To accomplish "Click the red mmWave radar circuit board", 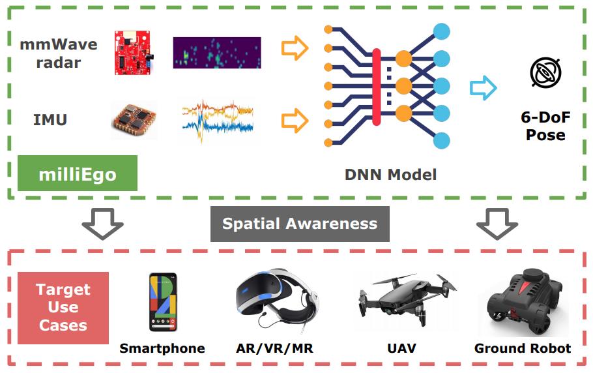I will (x=136, y=52).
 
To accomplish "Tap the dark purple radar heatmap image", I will (x=216, y=53).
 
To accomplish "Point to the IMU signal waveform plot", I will (x=216, y=119).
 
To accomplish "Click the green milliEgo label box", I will (x=78, y=173).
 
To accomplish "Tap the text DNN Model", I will (x=390, y=174).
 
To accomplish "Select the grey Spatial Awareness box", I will (x=300, y=224).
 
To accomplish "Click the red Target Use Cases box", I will (x=63, y=307).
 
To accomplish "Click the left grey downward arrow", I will (x=102, y=224).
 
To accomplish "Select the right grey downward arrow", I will (x=497, y=224).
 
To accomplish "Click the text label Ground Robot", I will (x=523, y=348).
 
